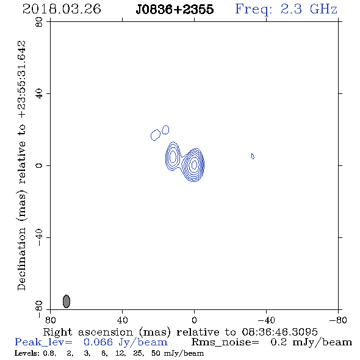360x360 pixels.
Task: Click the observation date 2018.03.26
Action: (62, 9)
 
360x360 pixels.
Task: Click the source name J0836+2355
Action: (175, 10)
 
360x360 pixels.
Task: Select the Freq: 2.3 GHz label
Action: (286, 10)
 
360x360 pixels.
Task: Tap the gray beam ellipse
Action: (67, 301)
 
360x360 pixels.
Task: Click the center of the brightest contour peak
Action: (194, 164)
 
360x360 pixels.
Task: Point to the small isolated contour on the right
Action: (253, 156)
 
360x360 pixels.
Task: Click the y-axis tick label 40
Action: (39, 94)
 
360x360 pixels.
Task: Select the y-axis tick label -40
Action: (39, 237)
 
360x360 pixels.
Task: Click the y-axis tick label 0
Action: (39, 165)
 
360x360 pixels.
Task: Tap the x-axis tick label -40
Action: (266, 320)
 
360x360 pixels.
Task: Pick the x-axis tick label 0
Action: (194, 320)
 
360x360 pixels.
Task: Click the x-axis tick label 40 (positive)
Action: (123, 320)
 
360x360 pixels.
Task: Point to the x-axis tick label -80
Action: (338, 320)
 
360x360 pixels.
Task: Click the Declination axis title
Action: (21, 165)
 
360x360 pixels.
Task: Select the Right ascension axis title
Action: (180, 332)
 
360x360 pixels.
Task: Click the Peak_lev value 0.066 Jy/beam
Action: (126, 342)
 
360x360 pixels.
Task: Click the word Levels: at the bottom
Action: (27, 353)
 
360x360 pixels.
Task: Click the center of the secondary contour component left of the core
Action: (173, 157)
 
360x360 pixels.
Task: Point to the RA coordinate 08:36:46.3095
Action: (280, 332)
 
